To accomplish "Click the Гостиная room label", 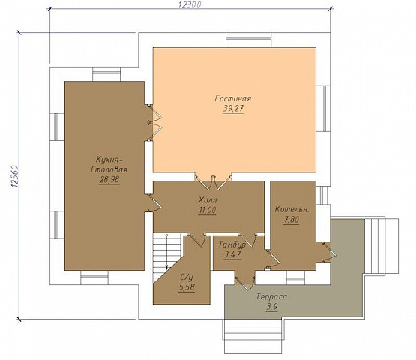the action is click(x=233, y=98).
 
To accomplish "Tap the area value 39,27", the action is click(x=233, y=109).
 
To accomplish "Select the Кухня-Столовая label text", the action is click(x=109, y=165).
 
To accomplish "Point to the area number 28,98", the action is click(x=109, y=180).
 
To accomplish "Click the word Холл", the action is click(x=206, y=199).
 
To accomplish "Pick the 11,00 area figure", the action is click(x=207, y=210).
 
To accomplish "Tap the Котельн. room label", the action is click(x=292, y=209).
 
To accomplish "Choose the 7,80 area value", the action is click(x=292, y=220).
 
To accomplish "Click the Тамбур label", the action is click(x=232, y=244).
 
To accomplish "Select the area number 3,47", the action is click(x=232, y=254).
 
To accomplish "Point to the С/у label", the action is click(x=187, y=277).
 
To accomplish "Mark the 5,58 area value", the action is click(x=187, y=287).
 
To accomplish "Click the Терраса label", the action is click(x=271, y=296).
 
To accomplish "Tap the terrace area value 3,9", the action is click(x=272, y=307).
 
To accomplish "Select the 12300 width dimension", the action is click(x=190, y=4).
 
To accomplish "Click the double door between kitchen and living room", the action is click(x=155, y=122).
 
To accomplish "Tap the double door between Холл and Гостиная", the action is click(x=213, y=181).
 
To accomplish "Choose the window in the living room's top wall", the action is click(x=249, y=40).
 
